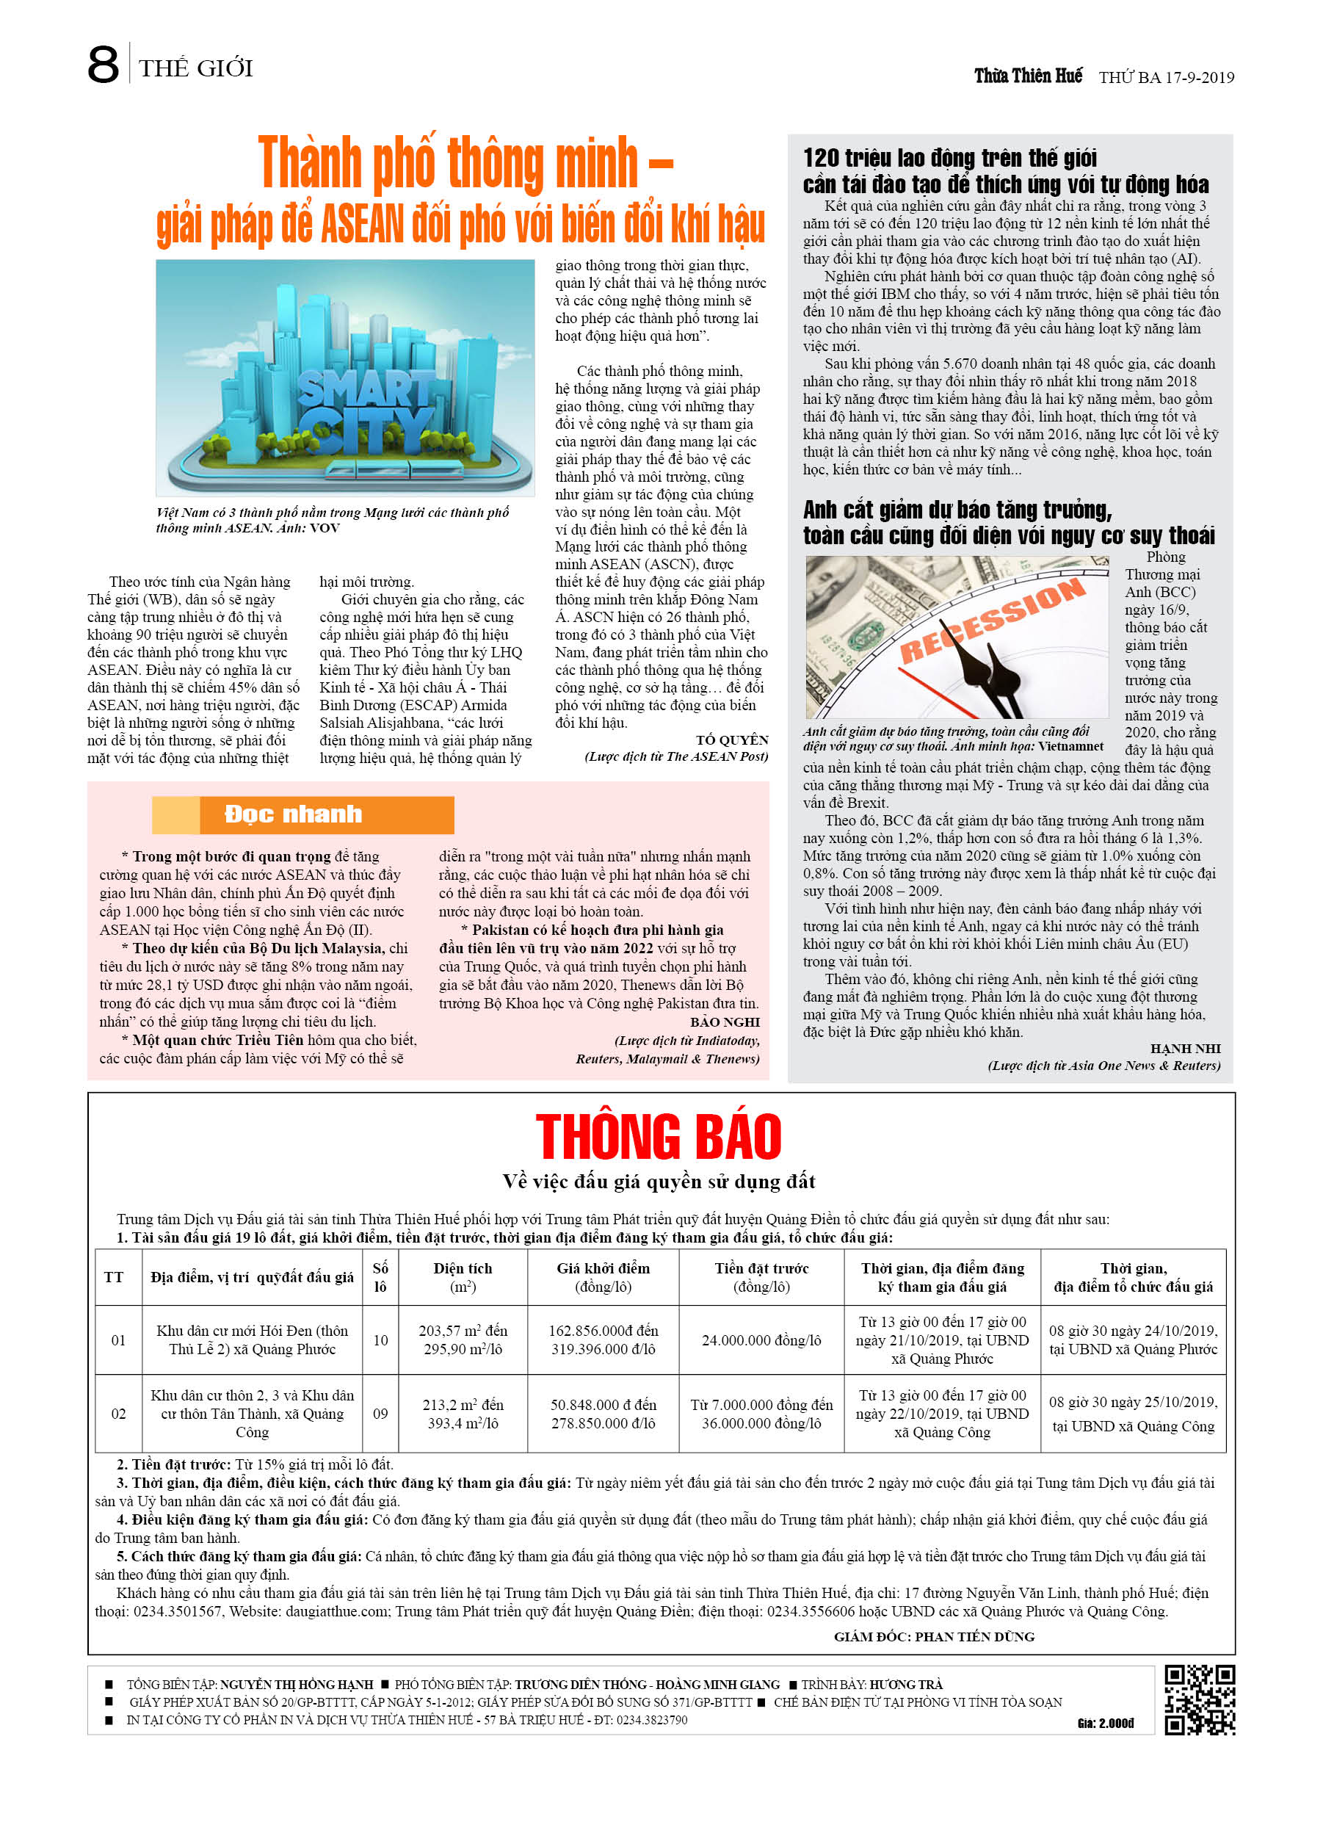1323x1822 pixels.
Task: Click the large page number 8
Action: click(x=103, y=65)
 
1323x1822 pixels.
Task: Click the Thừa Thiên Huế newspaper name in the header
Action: click(x=1027, y=76)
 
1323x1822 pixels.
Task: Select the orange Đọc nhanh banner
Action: click(x=302, y=814)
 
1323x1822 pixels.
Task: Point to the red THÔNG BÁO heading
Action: click(x=658, y=1137)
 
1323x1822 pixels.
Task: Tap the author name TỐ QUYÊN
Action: click(x=732, y=740)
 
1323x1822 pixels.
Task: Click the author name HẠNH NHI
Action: click(x=1185, y=1049)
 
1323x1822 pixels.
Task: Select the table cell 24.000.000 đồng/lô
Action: click(x=761, y=1340)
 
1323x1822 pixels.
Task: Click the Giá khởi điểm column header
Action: click(x=603, y=1277)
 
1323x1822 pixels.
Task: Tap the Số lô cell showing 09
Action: click(x=380, y=1414)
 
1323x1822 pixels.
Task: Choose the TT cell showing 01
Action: click(x=118, y=1340)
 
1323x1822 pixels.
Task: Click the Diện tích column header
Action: click(x=463, y=1277)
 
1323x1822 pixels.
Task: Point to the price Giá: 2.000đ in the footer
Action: click(x=1105, y=1723)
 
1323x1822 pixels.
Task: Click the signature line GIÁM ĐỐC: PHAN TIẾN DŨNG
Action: click(x=933, y=1636)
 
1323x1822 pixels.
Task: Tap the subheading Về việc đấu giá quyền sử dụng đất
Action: click(x=658, y=1182)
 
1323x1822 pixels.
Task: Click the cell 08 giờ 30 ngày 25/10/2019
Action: click(x=1133, y=1403)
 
